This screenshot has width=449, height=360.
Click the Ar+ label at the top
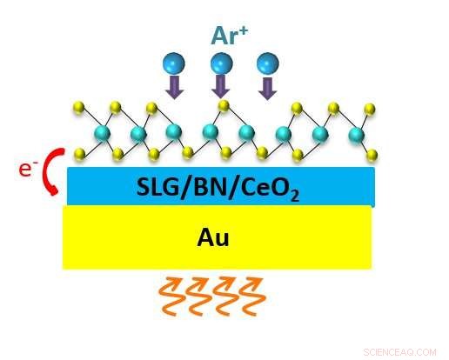point(229,36)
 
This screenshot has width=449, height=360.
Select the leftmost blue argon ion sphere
point(174,63)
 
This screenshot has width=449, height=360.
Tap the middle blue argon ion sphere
point(221,63)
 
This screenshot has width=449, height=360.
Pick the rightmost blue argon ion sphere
point(268,63)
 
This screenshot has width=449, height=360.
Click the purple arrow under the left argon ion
point(175,87)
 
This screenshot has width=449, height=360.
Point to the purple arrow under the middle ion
point(221,87)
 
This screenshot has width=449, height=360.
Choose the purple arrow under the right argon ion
point(268,89)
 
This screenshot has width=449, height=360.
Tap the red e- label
point(28,169)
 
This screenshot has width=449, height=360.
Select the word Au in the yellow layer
point(213,238)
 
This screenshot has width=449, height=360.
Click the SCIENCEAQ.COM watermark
point(399,352)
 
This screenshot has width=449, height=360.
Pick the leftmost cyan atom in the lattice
point(102,134)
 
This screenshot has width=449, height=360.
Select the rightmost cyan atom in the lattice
point(357,135)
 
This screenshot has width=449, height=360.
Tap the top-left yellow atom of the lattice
point(79,107)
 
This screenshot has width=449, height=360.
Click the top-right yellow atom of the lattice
point(370,109)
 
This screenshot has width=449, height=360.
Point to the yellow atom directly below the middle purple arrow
point(224,105)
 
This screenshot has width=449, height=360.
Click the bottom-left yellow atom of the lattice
point(80,153)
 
